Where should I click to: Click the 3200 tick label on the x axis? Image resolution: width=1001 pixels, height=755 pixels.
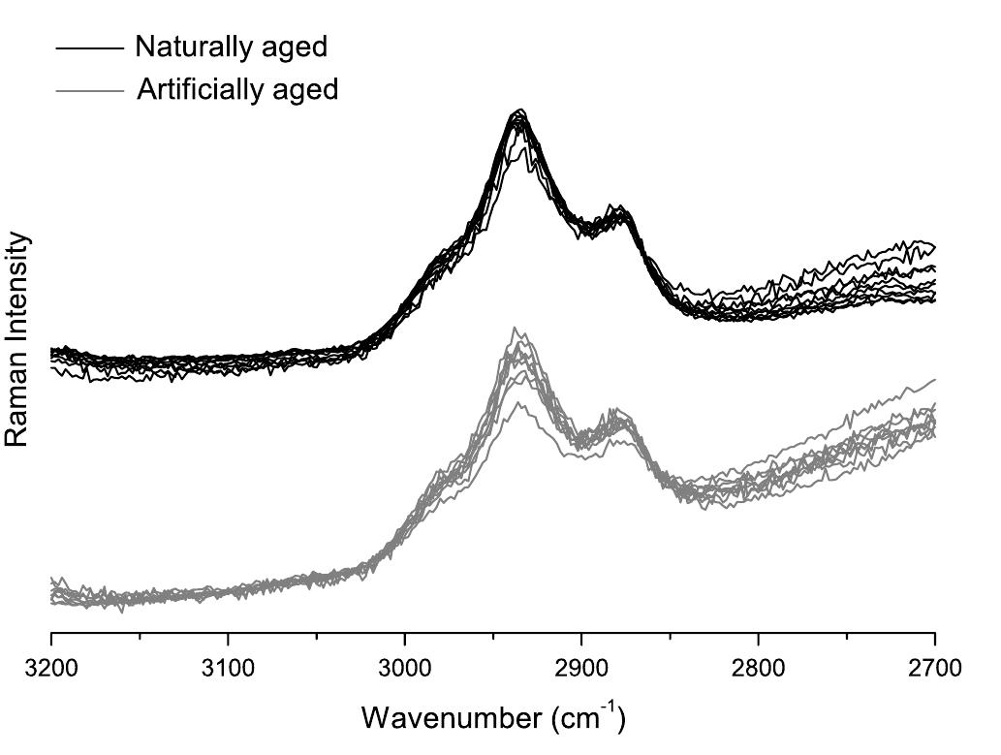point(50,668)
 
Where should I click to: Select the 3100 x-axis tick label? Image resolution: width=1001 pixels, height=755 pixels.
point(228,668)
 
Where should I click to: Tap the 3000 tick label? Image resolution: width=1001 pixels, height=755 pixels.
point(404,668)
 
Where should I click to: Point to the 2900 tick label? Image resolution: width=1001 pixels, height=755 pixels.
point(581,668)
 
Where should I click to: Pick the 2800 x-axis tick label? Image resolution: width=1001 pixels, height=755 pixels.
point(758,668)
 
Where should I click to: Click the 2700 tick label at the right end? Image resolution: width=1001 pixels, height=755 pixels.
point(934,668)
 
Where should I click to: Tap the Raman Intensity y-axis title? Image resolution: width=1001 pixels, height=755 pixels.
point(17,340)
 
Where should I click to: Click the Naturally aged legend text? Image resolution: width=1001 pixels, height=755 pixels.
point(231,46)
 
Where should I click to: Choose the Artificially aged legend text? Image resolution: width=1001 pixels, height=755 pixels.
point(237,89)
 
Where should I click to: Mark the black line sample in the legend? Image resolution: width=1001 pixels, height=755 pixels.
point(90,47)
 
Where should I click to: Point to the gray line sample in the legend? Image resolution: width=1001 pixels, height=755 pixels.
point(90,90)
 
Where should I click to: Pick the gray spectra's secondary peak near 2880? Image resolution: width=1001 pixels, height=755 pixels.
point(613,410)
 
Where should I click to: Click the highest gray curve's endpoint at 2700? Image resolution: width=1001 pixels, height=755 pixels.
point(934,379)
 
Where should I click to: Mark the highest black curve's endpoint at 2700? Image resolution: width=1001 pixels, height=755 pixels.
point(932,245)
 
